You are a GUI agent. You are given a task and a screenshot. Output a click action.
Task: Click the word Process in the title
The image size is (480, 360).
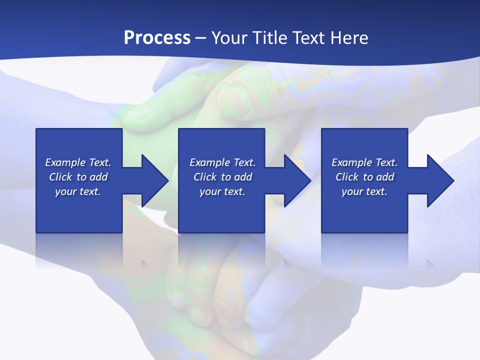[x=157, y=38]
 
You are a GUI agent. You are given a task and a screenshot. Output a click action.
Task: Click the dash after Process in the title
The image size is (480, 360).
[x=201, y=38]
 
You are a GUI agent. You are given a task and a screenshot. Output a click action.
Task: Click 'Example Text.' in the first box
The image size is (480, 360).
[x=78, y=162]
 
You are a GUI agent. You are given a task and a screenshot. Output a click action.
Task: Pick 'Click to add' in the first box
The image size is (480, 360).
[x=78, y=177]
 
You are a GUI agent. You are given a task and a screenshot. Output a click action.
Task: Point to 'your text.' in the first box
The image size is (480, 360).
[x=78, y=191]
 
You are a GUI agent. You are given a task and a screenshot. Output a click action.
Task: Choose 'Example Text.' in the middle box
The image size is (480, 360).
[x=222, y=162]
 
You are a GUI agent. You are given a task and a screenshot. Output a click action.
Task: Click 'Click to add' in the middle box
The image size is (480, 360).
[x=222, y=177]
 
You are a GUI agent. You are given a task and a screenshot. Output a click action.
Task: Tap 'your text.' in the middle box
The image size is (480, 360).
[x=222, y=191]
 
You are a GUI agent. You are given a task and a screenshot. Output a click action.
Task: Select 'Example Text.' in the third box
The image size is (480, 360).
[x=364, y=162]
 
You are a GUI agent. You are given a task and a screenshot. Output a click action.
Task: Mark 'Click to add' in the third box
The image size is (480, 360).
[x=364, y=177]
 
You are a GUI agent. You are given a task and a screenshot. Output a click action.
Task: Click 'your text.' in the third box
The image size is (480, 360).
[x=364, y=191]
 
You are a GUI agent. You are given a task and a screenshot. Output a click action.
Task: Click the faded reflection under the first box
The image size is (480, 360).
[x=79, y=250]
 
